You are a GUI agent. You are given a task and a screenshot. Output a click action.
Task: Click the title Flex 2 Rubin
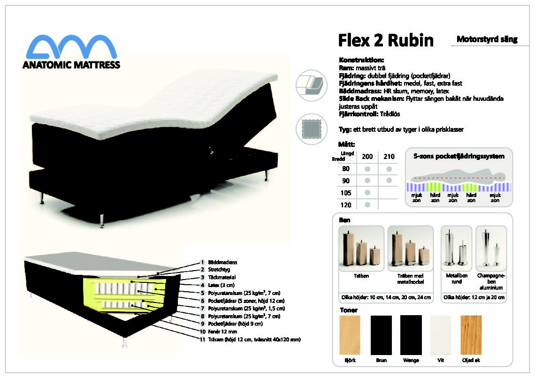pos(386,40)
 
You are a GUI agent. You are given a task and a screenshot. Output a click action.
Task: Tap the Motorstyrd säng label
pos(487,39)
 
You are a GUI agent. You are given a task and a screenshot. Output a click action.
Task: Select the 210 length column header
pos(389,157)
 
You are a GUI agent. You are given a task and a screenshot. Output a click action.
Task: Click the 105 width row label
pos(345,193)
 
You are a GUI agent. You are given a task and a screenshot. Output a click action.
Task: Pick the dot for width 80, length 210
pos(389,169)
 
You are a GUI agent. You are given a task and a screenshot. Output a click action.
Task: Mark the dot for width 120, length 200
pos(367,205)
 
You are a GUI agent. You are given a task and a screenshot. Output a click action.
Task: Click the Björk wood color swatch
pos(350,335)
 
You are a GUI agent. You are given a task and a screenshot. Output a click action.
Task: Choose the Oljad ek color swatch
pos(471,335)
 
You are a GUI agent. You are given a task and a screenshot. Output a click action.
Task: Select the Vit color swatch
pos(441,335)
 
